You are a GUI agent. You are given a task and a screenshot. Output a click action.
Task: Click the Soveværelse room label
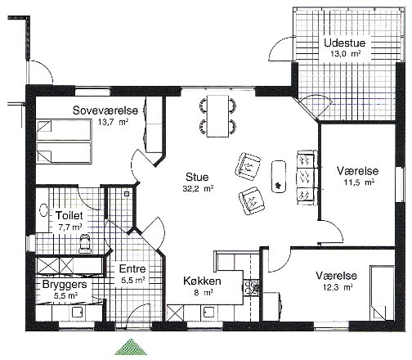click(105, 110)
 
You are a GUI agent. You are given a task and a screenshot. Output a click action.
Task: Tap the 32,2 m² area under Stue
click(198, 188)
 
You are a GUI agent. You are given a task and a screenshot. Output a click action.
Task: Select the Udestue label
click(344, 43)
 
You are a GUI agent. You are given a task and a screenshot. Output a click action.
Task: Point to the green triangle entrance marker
click(131, 347)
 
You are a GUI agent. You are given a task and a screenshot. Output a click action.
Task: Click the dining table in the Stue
click(217, 116)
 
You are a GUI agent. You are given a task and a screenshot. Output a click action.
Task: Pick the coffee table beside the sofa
click(279, 177)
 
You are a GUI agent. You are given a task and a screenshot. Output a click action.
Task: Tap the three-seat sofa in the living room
click(307, 178)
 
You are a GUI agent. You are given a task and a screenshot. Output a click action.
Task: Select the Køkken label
click(202, 281)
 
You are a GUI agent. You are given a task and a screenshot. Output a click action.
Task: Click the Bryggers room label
click(65, 285)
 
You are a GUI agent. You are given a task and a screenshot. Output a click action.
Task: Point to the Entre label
click(132, 269)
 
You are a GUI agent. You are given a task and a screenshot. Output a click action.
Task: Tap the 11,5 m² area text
click(359, 182)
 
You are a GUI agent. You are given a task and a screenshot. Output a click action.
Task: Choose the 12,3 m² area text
click(338, 287)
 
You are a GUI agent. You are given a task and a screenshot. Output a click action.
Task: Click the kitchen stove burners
click(251, 288)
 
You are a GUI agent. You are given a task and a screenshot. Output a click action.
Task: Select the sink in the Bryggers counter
click(78, 312)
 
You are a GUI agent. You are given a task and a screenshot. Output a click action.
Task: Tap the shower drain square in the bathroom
click(127, 194)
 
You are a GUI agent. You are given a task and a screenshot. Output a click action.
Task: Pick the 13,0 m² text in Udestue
click(346, 54)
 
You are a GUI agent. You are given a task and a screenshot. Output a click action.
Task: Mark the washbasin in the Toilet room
click(43, 210)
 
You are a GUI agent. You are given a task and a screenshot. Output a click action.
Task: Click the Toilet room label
click(69, 215)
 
